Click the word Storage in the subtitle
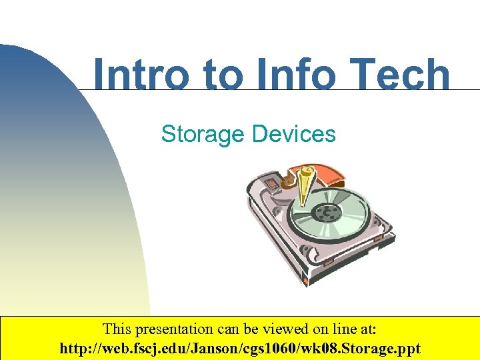pos(203,134)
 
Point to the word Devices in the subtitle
pos(294,134)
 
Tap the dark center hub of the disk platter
pos(326,213)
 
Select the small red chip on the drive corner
pos(272,183)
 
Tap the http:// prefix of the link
pos(77,348)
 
